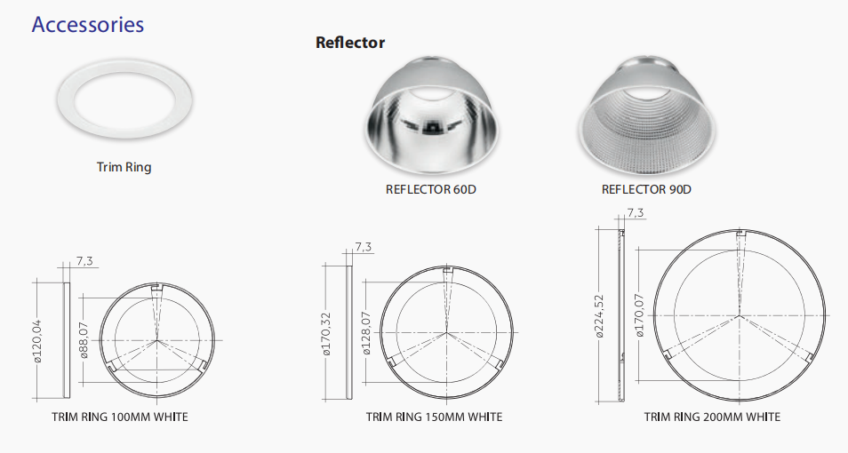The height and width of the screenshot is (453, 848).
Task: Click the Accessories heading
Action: click(88, 25)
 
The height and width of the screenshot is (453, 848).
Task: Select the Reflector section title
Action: click(350, 42)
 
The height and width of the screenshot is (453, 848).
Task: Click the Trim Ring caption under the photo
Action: click(124, 167)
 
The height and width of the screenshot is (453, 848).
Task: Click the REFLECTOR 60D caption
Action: click(430, 189)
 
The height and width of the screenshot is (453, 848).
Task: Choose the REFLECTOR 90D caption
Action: click(646, 189)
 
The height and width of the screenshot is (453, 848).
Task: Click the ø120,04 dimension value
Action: click(37, 340)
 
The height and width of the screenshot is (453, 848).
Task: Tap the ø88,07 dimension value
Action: click(84, 340)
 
